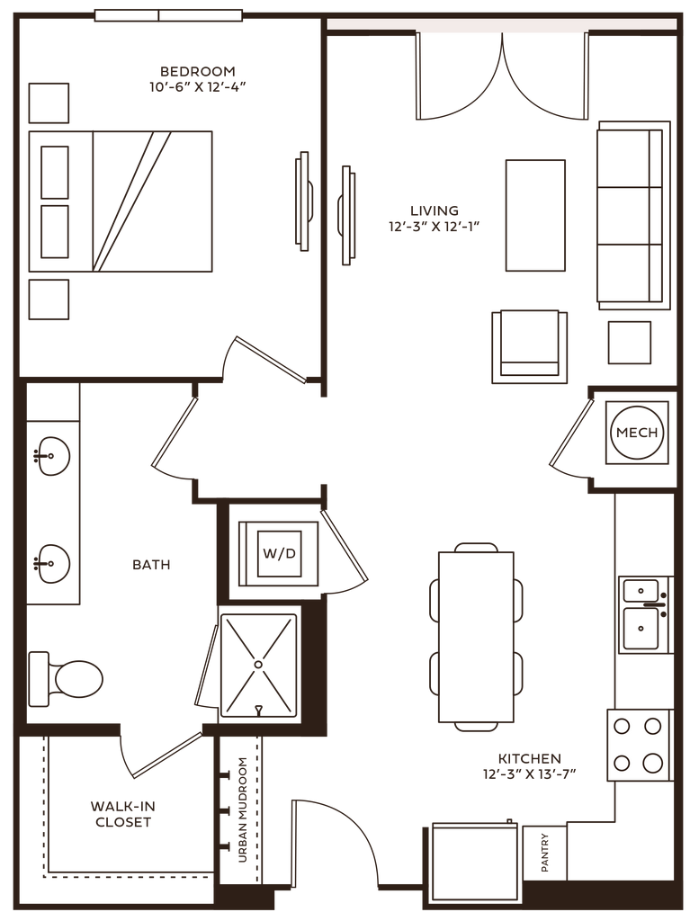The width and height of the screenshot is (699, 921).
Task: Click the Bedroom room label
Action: tap(197, 79)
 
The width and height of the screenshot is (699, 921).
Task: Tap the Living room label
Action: tap(431, 218)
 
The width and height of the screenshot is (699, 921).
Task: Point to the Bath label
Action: tap(150, 566)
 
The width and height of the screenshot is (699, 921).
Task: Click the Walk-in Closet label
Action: tap(121, 814)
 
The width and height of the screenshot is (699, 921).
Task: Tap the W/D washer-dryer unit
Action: tap(277, 552)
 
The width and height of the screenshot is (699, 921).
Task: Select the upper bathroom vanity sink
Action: tap(52, 455)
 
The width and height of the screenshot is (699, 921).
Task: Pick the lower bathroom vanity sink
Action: tap(52, 564)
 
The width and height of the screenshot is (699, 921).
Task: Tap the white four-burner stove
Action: tap(640, 745)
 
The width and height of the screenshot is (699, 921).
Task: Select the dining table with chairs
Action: tap(476, 636)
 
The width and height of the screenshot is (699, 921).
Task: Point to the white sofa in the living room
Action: tap(631, 216)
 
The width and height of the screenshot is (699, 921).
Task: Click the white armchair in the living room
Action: tap(529, 341)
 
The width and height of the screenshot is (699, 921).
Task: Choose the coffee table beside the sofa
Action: tap(535, 215)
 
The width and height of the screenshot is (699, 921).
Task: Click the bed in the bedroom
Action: tap(121, 201)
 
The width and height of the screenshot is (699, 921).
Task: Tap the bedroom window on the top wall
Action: tap(168, 14)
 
